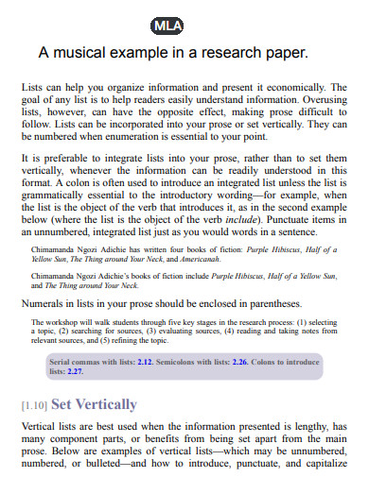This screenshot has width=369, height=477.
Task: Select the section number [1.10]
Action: tap(33, 405)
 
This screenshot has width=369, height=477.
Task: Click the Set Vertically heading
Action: tap(95, 404)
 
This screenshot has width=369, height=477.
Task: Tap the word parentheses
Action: tap(273, 304)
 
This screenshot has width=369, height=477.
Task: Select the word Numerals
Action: tap(44, 304)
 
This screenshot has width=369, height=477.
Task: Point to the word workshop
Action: tap(86, 322)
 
